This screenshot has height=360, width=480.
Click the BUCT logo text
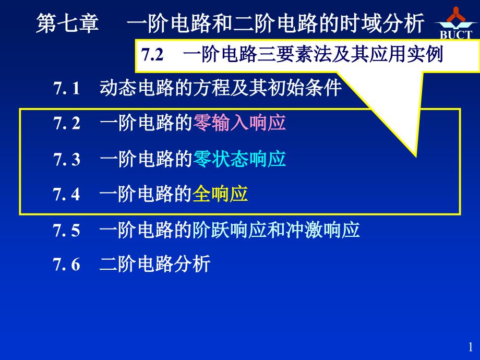(x=456, y=34)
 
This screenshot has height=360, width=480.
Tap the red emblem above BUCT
(x=456, y=15)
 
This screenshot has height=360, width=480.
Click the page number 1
(x=471, y=347)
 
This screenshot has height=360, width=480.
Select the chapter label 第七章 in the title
(x=68, y=23)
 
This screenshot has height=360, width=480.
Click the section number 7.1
(x=67, y=88)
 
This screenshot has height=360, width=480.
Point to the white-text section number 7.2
(x=67, y=123)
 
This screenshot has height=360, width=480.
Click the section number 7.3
(x=67, y=160)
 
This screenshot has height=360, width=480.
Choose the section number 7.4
(x=66, y=194)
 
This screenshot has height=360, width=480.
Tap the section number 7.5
(x=66, y=230)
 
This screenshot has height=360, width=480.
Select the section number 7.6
(x=66, y=264)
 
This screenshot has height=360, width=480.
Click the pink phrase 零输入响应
(x=239, y=123)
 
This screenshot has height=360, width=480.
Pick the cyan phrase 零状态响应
(x=239, y=159)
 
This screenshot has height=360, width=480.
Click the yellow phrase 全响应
(x=220, y=194)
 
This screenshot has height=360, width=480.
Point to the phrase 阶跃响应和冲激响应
(x=276, y=230)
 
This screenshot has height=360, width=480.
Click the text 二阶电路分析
(x=155, y=264)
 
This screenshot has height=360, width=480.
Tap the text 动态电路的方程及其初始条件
(x=221, y=88)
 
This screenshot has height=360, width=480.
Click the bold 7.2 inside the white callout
(x=152, y=55)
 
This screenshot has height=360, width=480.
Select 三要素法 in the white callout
(x=294, y=55)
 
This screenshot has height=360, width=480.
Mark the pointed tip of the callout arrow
(x=416, y=156)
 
